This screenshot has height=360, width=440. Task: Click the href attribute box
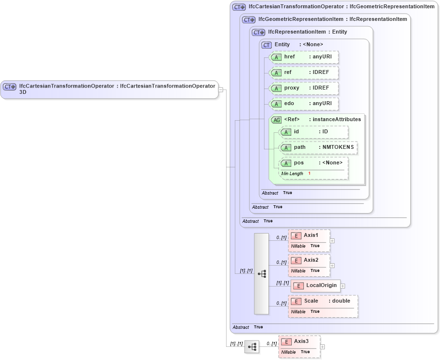304,57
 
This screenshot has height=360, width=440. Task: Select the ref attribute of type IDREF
304,72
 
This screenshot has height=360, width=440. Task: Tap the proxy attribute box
304,88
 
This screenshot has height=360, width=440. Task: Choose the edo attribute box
304,104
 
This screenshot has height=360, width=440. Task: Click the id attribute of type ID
314,132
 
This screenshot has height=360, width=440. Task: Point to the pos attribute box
314,163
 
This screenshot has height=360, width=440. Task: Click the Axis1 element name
311,235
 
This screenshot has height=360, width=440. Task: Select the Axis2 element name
311,260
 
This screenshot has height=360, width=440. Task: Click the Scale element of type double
323,301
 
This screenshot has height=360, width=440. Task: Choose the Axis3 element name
301,342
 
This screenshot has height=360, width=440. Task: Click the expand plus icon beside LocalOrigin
343,286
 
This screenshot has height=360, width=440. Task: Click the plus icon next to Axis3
322,347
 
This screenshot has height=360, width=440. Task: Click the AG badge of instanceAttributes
276,120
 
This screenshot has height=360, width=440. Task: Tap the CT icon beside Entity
266,45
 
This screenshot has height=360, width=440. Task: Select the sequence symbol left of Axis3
252,347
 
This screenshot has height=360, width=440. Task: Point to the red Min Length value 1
309,174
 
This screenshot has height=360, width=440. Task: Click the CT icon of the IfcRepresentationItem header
259,32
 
